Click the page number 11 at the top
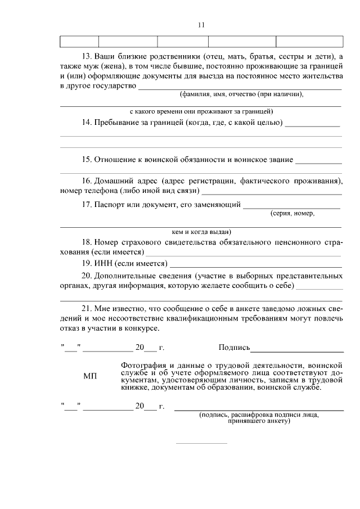click(201, 25)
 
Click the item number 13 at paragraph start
click(87, 57)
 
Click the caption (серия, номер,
click(292, 214)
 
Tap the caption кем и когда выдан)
click(201, 231)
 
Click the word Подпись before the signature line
click(234, 348)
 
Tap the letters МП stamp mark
click(90, 376)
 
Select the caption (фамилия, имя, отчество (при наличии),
click(241, 94)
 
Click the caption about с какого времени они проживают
click(201, 111)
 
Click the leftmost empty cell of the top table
click(79, 41)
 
